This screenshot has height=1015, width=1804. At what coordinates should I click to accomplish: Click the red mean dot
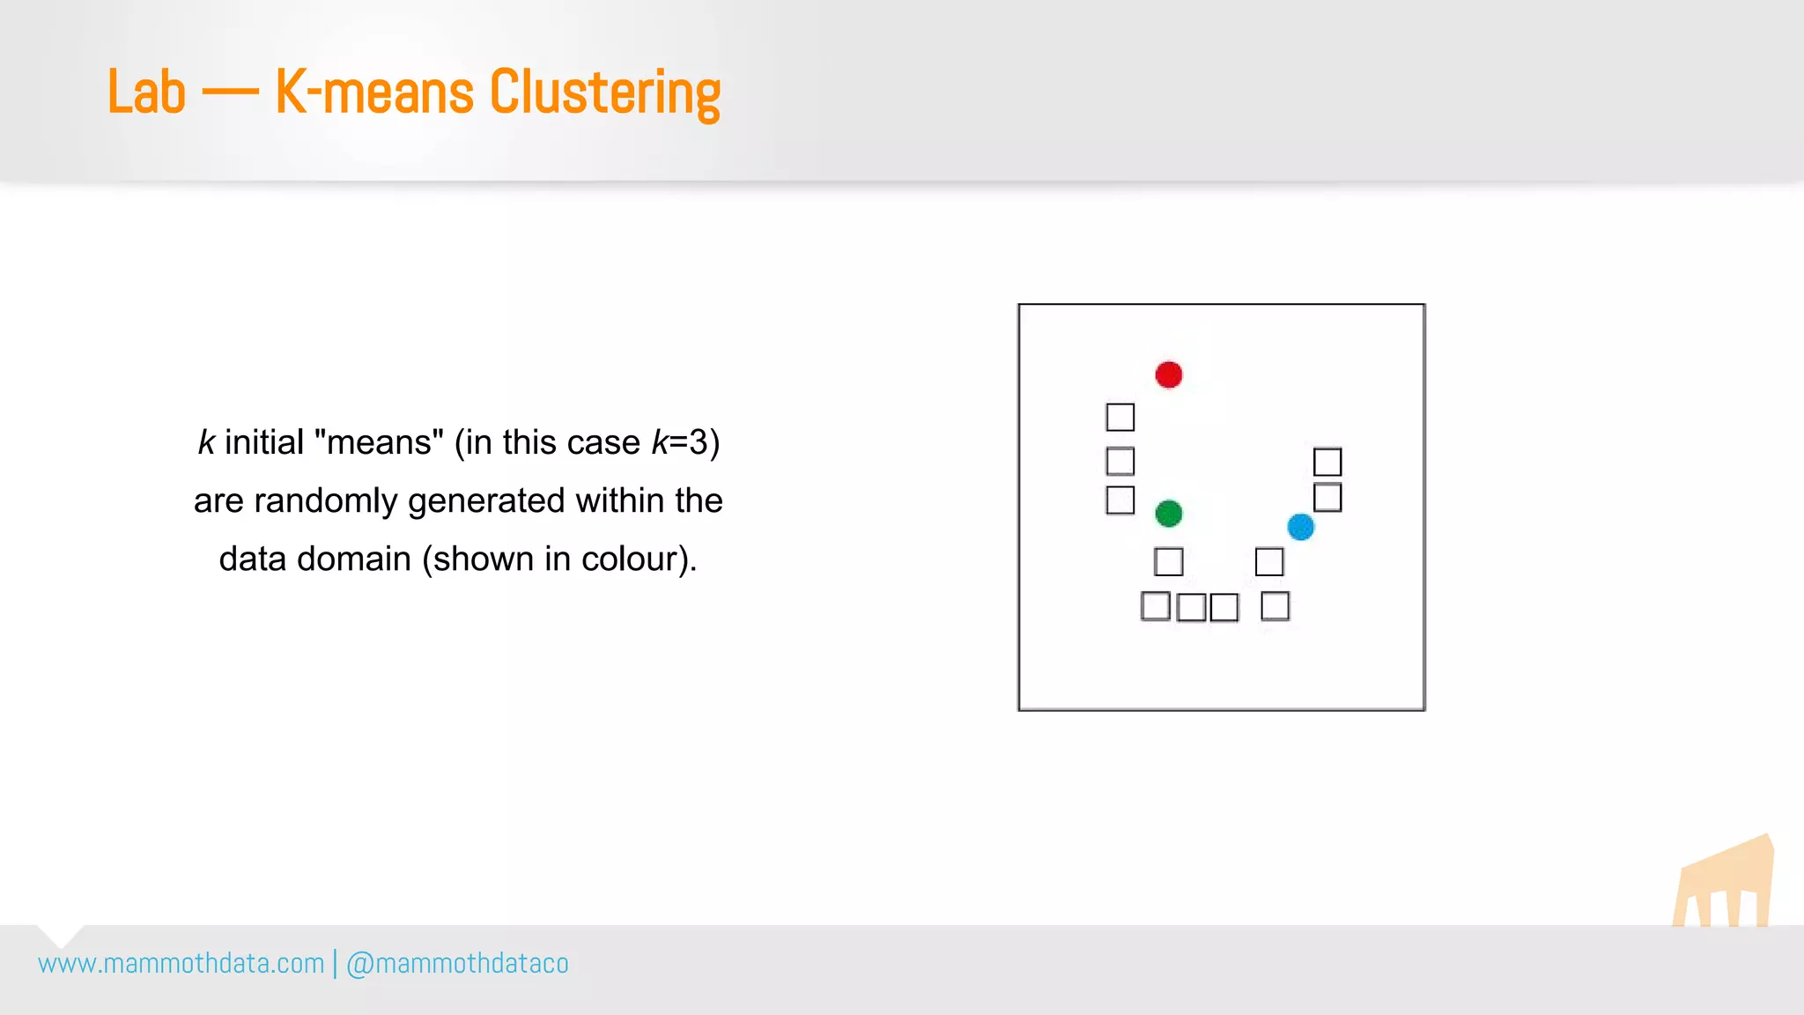point(1168,374)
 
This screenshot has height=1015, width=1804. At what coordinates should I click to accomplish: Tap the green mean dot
point(1168,513)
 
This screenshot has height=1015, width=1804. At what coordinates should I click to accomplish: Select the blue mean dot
point(1300,527)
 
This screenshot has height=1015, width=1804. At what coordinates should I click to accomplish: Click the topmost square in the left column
point(1120,417)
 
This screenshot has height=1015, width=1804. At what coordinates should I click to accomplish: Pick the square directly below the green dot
point(1168,561)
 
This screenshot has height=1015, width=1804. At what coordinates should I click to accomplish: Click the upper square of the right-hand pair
point(1327,462)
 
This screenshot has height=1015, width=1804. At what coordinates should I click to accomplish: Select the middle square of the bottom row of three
point(1191,607)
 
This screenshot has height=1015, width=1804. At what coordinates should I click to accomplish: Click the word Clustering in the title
point(604,93)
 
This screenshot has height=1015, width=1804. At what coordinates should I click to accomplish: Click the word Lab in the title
point(146,93)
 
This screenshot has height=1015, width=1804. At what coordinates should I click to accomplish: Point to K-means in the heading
point(374,93)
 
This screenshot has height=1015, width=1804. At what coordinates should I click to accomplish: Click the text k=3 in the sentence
point(685,442)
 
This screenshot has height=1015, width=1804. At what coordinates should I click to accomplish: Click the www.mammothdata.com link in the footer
point(181,964)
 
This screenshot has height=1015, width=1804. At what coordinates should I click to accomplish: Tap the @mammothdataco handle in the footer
point(457,964)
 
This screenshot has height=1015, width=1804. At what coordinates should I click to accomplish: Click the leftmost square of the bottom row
point(1155,606)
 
